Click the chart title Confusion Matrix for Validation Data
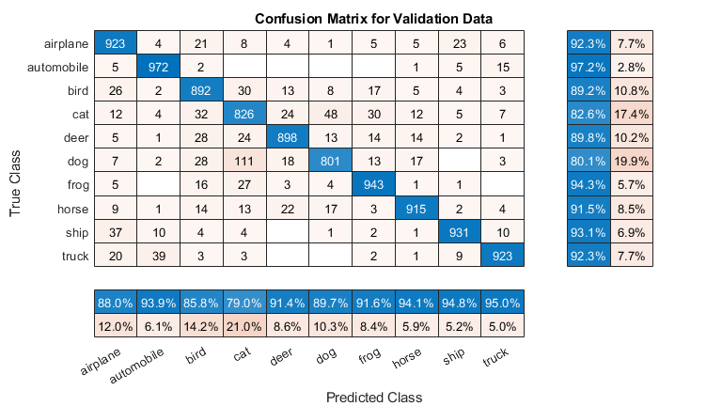[374, 18]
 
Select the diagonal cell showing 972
[160, 66]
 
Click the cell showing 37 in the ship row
[117, 231]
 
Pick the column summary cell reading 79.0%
[245, 303]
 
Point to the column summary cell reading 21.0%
[245, 325]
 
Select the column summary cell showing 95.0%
[502, 303]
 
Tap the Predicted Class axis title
[373, 397]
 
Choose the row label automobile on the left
[60, 66]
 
